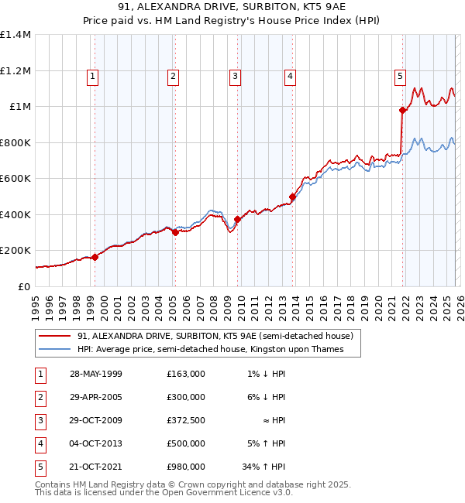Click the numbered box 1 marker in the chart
(93, 76)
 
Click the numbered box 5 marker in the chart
(400, 76)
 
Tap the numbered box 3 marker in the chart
(234, 76)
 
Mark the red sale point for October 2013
(292, 197)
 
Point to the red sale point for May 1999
(95, 257)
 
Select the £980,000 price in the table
(185, 467)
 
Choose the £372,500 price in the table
(185, 420)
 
